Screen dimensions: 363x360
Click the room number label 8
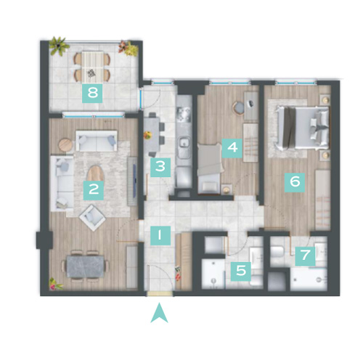pos(92,93)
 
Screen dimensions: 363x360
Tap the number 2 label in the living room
pos(94,189)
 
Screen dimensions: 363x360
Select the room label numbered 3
pos(160,167)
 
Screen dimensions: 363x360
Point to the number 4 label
pos(232,148)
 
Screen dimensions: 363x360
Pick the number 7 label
pos(305,255)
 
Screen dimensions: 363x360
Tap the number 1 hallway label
pos(160,236)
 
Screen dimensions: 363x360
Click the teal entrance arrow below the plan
pos(159,313)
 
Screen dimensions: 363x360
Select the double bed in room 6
pos(302,128)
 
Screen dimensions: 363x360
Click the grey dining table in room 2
pos(85,266)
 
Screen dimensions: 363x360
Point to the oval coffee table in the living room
pos(95,173)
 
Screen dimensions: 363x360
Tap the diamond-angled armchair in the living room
pos(92,218)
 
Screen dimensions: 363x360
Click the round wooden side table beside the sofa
pos(65,145)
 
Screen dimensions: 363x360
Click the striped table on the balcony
pos(92,67)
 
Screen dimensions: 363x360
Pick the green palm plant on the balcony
pos(58,46)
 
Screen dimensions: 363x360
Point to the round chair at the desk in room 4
pos(239,107)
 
